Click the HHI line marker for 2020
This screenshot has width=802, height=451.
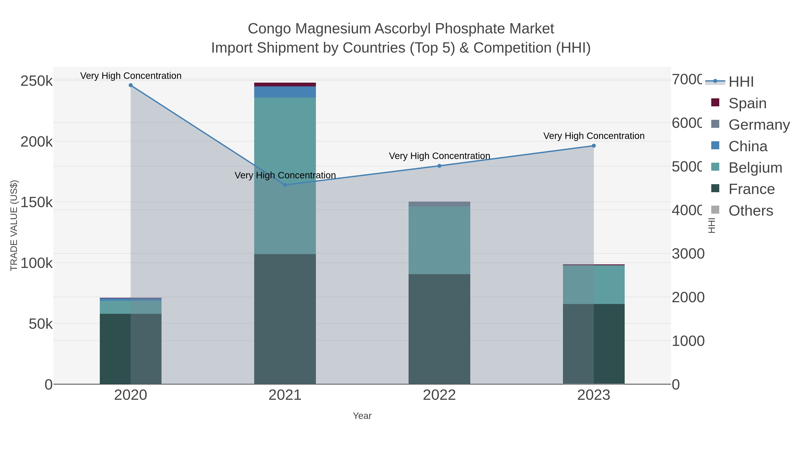tap(131, 85)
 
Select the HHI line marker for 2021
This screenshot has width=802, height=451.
tap(285, 185)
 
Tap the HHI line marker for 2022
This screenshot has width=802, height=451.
tap(439, 166)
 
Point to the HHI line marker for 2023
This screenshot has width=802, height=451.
tap(593, 146)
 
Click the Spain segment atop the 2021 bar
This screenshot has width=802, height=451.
tap(285, 85)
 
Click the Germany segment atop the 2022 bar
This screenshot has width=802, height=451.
tap(439, 204)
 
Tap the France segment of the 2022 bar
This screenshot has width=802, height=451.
tap(439, 329)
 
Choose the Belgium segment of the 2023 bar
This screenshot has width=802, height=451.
tap(593, 284)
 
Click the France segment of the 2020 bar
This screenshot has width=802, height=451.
tap(131, 349)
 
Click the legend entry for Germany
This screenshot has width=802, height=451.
tap(759, 124)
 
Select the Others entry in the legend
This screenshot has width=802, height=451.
tap(751, 211)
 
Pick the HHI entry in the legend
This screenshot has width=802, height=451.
tap(741, 82)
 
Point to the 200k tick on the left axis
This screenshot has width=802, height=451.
tap(37, 142)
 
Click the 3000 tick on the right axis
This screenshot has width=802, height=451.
tap(688, 254)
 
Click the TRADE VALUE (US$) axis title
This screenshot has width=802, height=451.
tap(14, 225)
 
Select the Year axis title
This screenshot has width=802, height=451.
tap(362, 416)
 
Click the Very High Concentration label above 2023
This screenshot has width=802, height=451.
tap(593, 136)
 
